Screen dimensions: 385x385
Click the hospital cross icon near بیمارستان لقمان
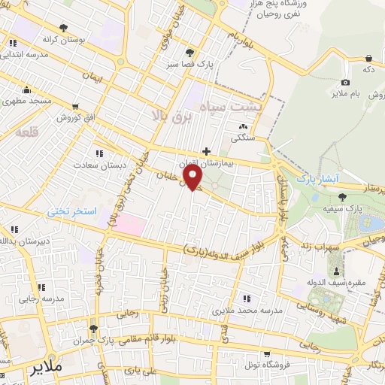[207, 150]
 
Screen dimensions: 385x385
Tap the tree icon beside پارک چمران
[92, 329]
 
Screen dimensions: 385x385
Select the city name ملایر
[47, 369]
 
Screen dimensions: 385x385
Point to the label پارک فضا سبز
[190, 64]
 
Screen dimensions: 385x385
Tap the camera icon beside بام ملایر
[345, 81]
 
